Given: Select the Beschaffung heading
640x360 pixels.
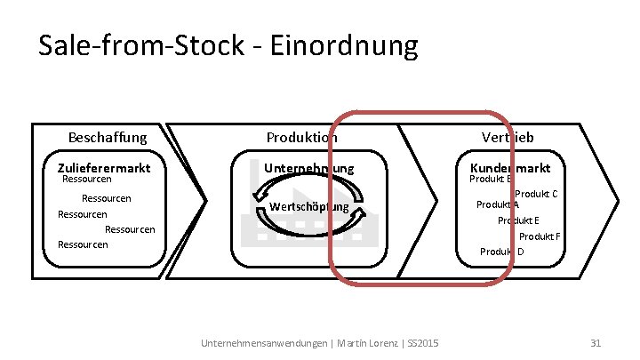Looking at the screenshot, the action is [108, 138].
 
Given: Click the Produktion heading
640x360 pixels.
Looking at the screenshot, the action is [302, 138].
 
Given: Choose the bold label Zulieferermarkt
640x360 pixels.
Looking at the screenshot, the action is [104, 167].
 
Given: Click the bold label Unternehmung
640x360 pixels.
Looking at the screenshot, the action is [308, 168].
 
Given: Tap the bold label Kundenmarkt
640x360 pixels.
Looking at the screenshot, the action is [509, 167].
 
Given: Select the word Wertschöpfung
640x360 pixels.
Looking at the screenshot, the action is [308, 207].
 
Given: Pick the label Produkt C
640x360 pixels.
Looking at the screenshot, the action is [535, 194].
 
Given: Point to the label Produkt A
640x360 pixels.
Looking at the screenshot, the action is [498, 204].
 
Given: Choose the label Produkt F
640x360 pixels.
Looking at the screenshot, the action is [540, 236].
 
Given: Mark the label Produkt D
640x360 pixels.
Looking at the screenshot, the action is [502, 252].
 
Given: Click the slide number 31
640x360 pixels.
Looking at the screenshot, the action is [596, 343].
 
